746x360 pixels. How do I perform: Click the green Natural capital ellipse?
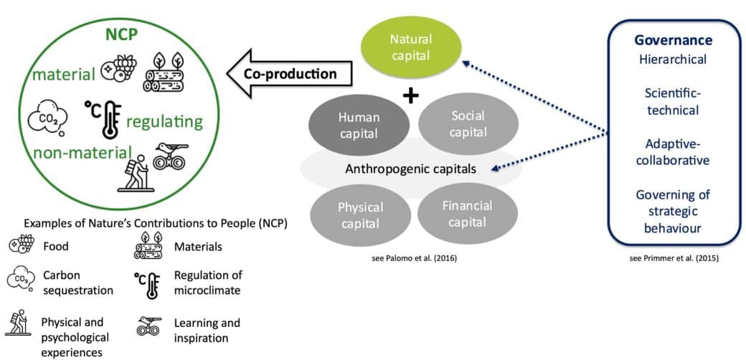[410, 47]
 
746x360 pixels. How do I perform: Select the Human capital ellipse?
[359, 125]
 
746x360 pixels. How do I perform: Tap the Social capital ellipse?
[467, 123]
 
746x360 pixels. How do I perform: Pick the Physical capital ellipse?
[360, 214]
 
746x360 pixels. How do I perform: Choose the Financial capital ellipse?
[467, 214]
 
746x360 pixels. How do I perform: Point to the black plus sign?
[410, 96]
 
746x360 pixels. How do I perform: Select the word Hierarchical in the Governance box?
[674, 60]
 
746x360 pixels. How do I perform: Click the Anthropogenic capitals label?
[411, 169]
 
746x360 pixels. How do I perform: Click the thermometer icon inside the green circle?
[103, 119]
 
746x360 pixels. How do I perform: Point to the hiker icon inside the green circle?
[135, 173]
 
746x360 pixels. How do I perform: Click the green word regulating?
[164, 122]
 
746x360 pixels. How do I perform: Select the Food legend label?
[56, 247]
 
